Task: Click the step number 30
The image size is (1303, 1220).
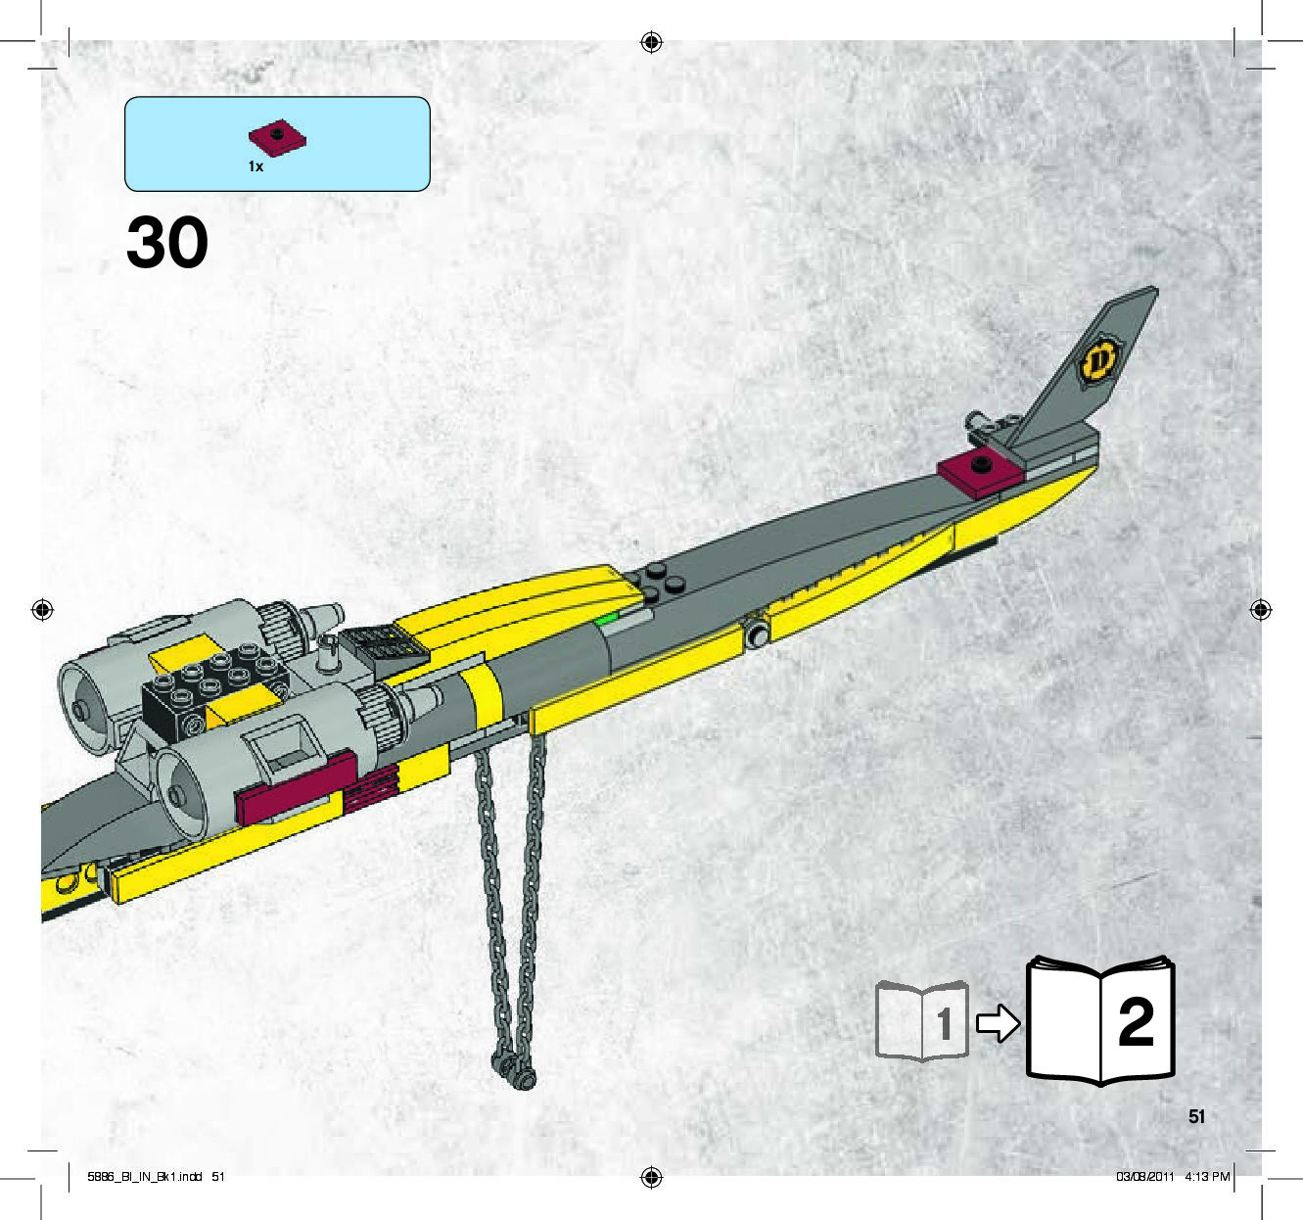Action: (x=167, y=242)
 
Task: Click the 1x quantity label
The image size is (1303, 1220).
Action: (x=256, y=166)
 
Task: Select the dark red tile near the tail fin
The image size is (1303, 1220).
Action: (x=980, y=469)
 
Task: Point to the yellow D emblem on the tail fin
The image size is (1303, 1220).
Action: (x=1098, y=360)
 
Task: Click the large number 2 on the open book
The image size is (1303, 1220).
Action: (x=1136, y=1023)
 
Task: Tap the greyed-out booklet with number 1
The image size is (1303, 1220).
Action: (x=922, y=1021)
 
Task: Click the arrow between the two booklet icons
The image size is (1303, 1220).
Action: (x=998, y=1024)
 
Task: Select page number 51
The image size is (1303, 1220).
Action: (x=1196, y=1116)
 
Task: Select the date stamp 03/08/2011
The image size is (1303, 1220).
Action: (x=1144, y=1176)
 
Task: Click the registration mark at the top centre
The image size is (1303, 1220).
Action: (x=651, y=42)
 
